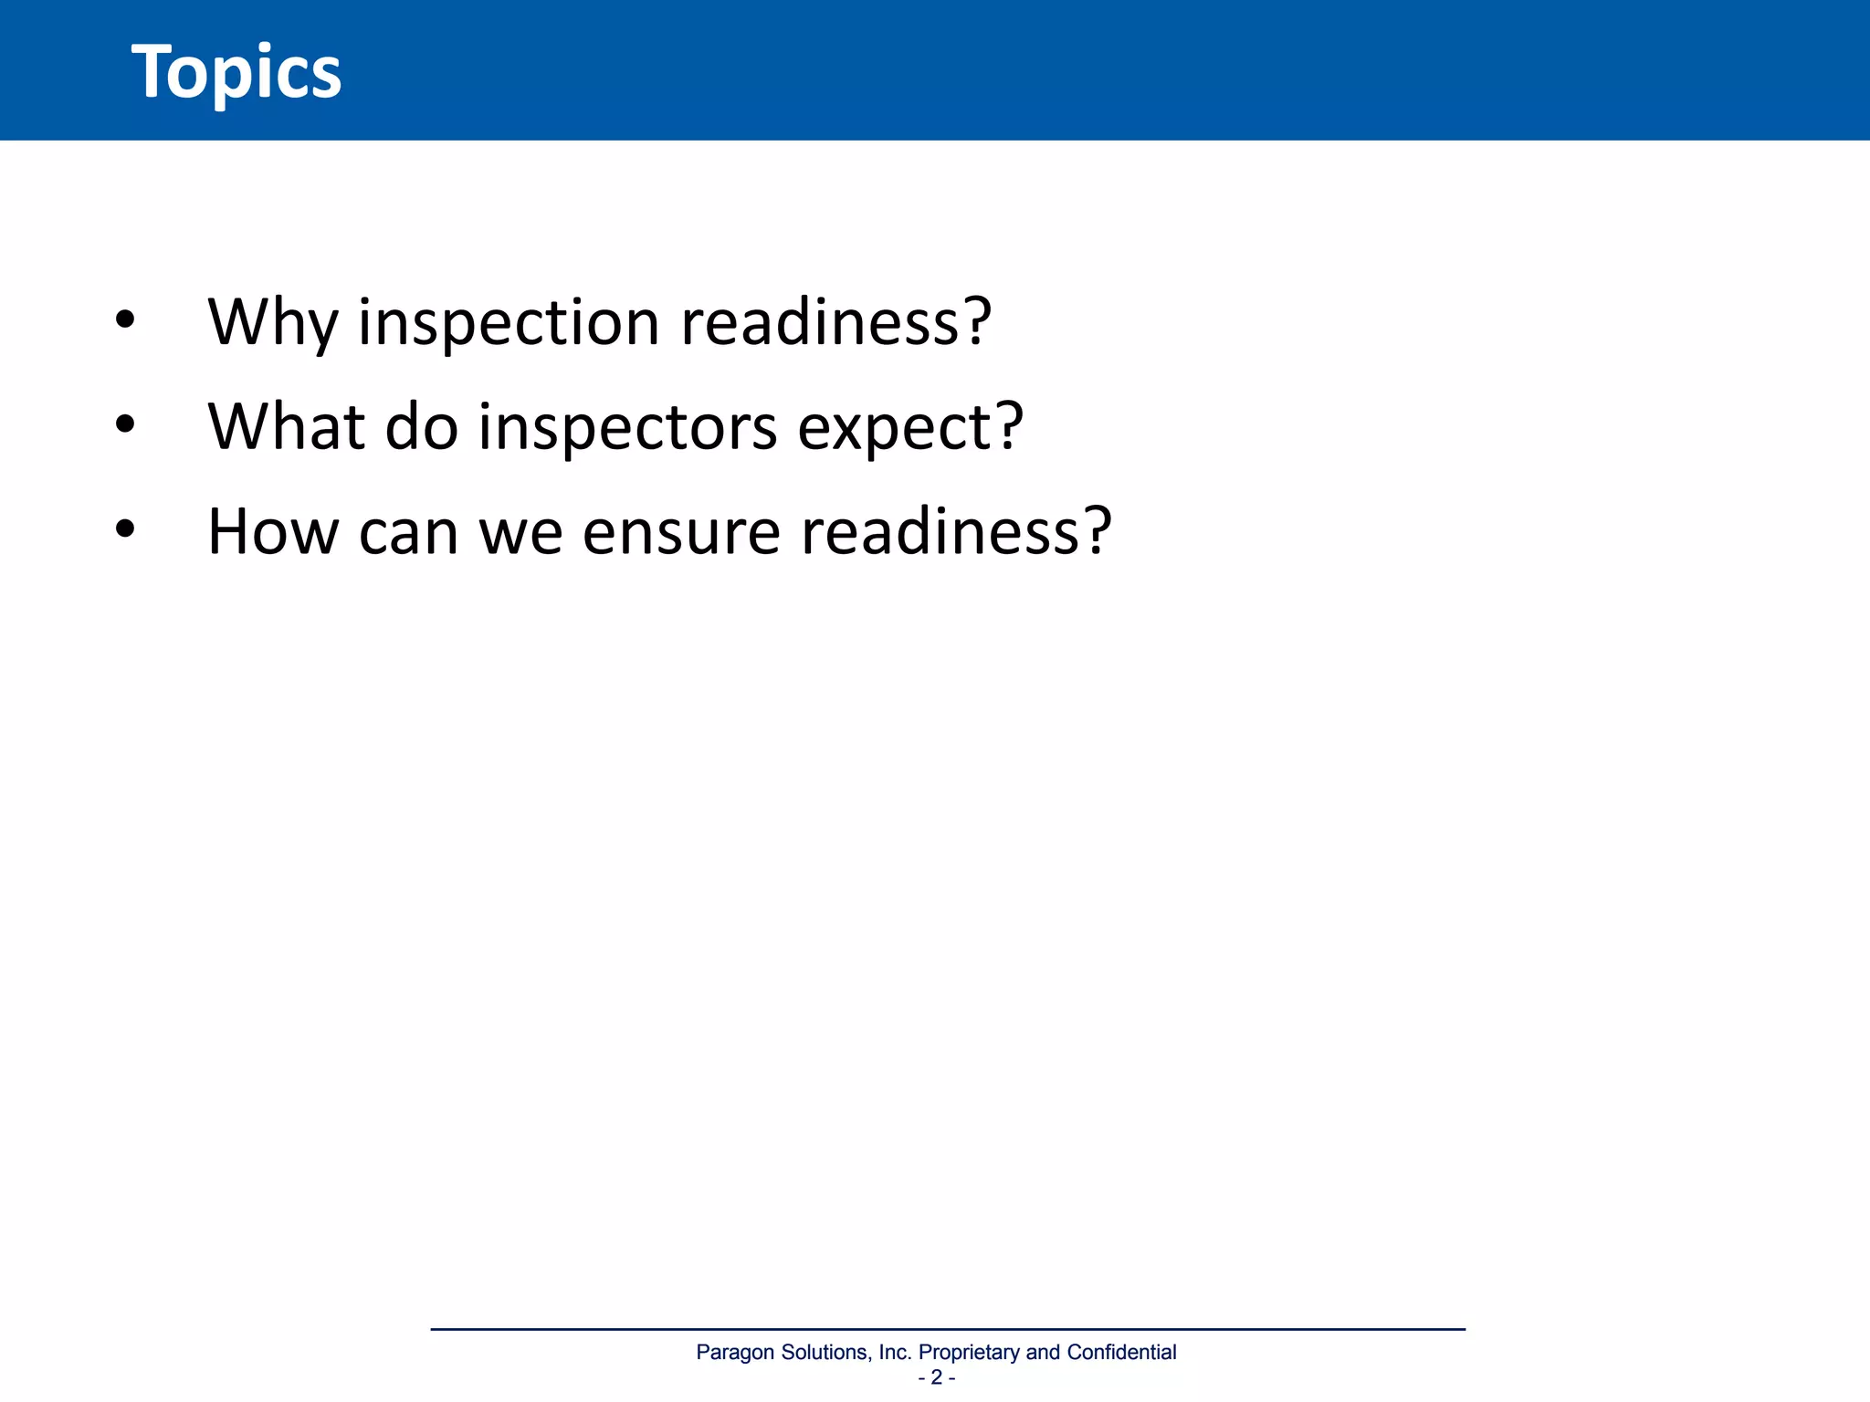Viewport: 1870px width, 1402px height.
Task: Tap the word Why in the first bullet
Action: point(272,323)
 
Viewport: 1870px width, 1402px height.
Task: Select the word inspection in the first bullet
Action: point(509,323)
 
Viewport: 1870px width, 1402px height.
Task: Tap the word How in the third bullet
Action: point(273,531)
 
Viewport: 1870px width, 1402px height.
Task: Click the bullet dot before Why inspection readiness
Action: point(125,320)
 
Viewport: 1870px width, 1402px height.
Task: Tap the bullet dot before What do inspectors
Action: point(125,424)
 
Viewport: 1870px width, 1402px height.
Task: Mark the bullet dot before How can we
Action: point(125,528)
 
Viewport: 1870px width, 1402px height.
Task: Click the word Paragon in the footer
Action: point(736,1353)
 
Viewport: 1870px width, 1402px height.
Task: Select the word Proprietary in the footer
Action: point(969,1353)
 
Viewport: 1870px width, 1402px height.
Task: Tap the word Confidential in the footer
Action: point(1121,1352)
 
